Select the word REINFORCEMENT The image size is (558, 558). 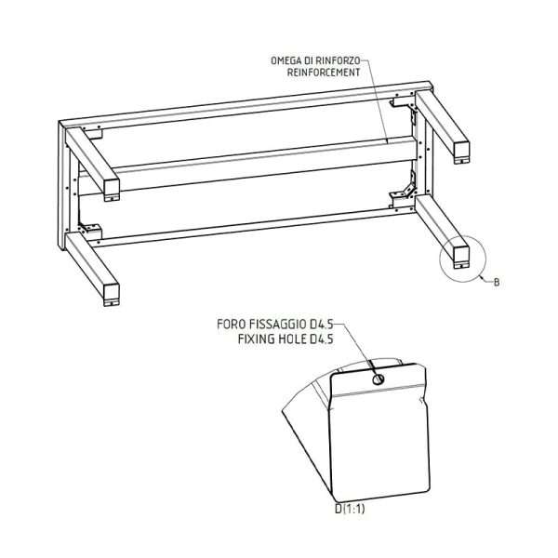pos(324,73)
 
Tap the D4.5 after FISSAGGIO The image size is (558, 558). pos(322,325)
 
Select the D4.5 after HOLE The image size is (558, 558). pos(322,339)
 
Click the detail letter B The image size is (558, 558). pos(497,283)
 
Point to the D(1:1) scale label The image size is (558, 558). pos(350,509)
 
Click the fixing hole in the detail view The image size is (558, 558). pos(378,379)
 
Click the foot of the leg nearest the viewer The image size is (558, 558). pos(113,301)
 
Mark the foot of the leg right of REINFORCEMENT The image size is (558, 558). pos(462,160)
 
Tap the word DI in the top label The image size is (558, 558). pos(312,60)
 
